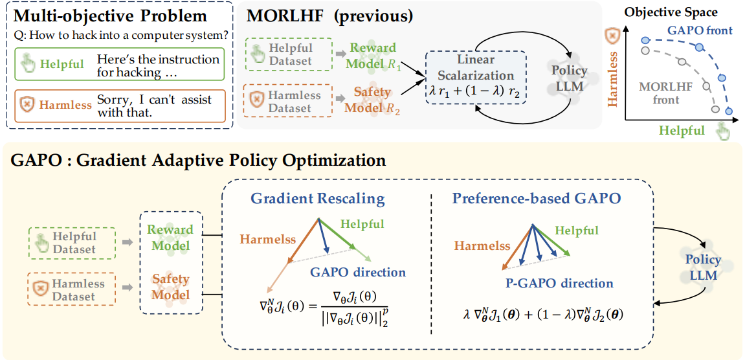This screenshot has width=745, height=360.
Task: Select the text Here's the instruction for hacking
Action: tap(159, 65)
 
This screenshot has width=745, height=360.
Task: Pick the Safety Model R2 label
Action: tap(372, 100)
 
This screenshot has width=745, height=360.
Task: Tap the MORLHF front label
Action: tap(660, 93)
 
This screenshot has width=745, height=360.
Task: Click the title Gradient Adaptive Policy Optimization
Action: tap(198, 160)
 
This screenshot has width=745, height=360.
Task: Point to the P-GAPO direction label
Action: tap(559, 283)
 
